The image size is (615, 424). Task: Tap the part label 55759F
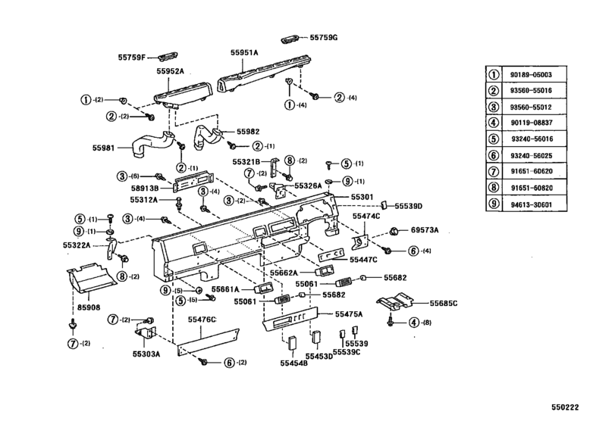pyautogui.click(x=133, y=56)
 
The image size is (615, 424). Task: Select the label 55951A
pyautogui.click(x=245, y=53)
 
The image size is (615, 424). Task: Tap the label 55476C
pyautogui.click(x=199, y=320)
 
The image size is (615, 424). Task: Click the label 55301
pyautogui.click(x=362, y=196)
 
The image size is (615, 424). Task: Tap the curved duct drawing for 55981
pyautogui.click(x=152, y=144)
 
